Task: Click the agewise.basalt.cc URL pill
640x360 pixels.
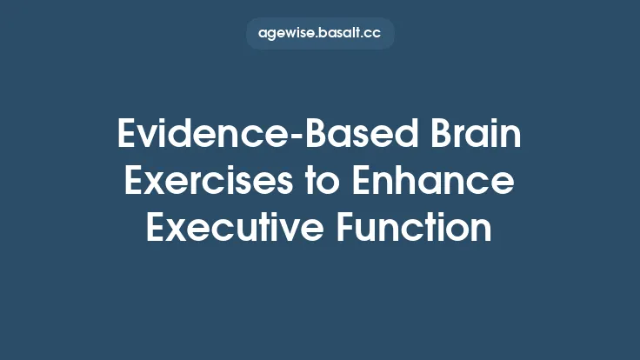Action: pos(320,34)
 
